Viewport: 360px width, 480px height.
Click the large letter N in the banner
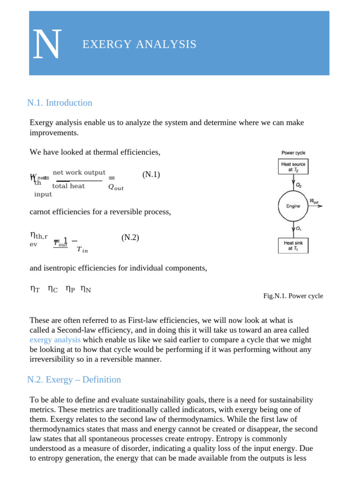(47, 45)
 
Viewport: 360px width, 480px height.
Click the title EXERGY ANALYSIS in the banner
(139, 45)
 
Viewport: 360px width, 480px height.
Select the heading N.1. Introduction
(60, 103)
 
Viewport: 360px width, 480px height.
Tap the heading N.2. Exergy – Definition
(74, 380)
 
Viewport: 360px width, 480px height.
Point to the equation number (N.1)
(151, 175)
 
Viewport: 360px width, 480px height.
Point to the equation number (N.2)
(130, 238)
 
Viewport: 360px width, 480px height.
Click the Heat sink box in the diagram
(293, 246)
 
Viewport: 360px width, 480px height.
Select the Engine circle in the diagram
(293, 206)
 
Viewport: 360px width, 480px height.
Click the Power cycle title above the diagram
(293, 153)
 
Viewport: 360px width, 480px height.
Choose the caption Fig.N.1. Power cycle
(293, 296)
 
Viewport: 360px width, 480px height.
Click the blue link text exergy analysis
(55, 339)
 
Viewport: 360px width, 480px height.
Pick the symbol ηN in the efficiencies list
(86, 290)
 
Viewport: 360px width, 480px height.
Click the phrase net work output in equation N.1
(79, 172)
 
